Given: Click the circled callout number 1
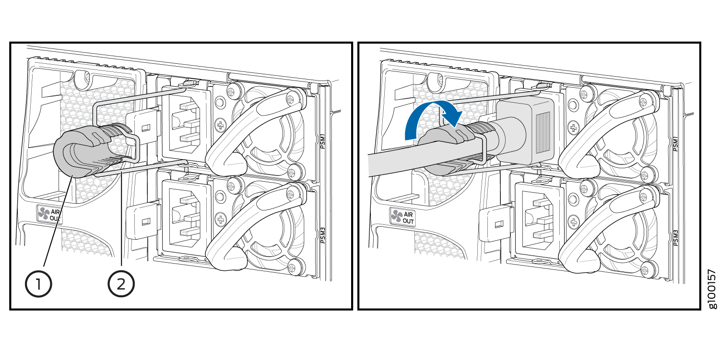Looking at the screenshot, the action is click(x=38, y=284).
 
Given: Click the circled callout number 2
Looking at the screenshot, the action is click(x=121, y=284).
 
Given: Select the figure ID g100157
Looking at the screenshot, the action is click(x=712, y=289).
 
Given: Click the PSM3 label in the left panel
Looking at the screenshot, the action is click(x=323, y=235).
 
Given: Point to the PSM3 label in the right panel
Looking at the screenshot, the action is click(x=676, y=238).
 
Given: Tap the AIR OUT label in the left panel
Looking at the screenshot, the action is click(x=49, y=214).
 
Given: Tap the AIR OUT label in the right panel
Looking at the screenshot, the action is click(x=403, y=217).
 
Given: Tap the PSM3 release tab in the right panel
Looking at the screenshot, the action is click(x=496, y=224).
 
